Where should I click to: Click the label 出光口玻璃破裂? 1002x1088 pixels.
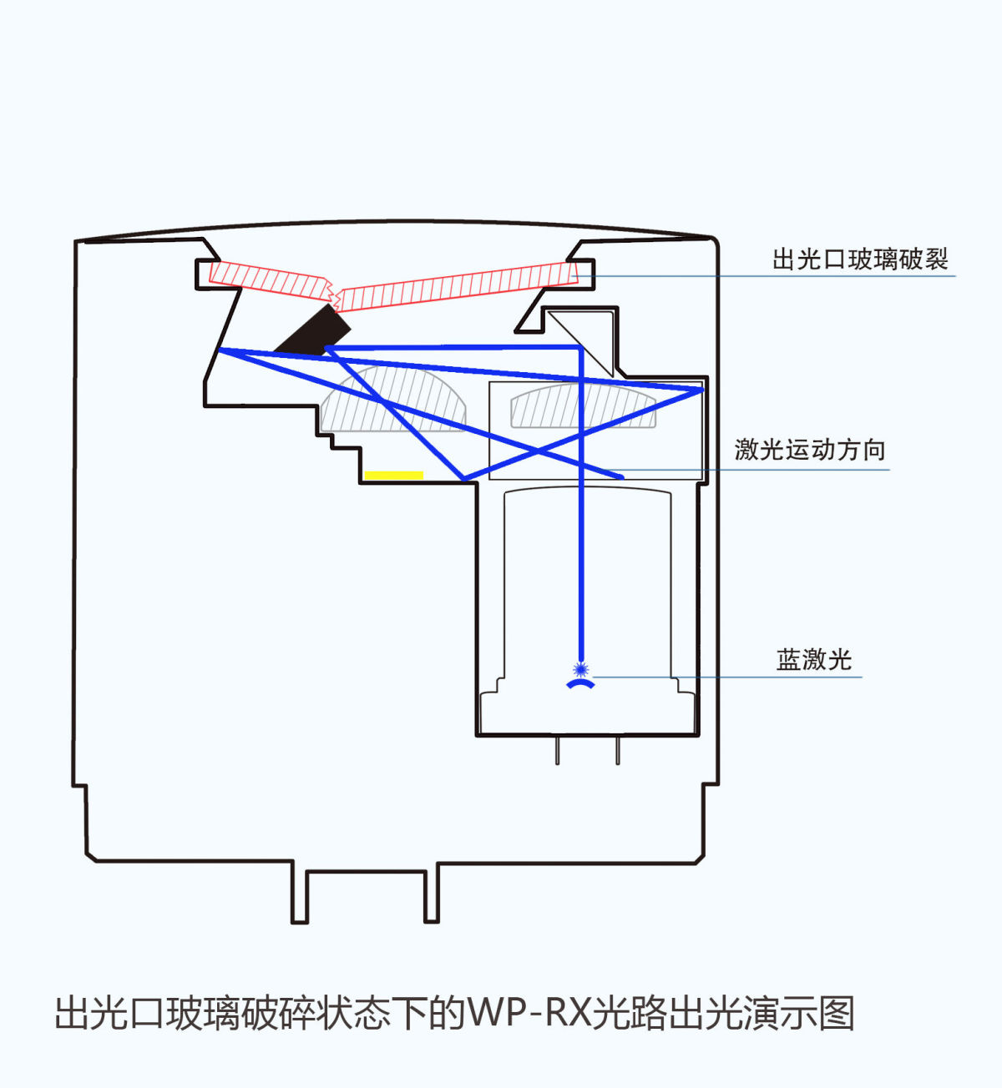[859, 259]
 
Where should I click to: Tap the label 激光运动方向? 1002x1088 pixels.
[809, 451]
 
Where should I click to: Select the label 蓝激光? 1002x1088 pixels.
[813, 660]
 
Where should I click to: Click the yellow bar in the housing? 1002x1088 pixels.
[394, 476]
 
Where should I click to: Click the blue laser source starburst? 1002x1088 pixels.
[581, 668]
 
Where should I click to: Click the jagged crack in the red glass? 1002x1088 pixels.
[334, 292]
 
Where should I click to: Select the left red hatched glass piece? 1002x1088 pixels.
[267, 280]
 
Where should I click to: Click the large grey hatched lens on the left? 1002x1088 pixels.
[392, 400]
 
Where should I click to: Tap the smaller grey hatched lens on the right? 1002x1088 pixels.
[583, 407]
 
